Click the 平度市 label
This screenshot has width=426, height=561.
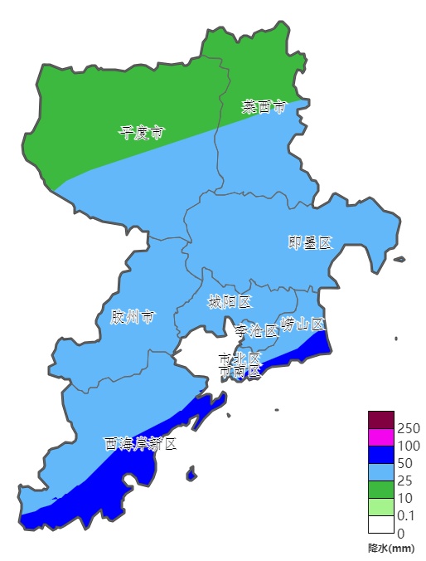(141, 132)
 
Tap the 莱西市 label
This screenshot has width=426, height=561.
(264, 106)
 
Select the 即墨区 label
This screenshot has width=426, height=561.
(310, 242)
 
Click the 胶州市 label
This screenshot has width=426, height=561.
(133, 317)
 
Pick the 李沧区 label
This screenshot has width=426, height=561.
(256, 330)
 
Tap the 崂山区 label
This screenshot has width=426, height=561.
(303, 324)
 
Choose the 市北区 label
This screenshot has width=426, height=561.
(240, 359)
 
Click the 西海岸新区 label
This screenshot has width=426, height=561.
(141, 444)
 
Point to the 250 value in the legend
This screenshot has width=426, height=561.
(409, 428)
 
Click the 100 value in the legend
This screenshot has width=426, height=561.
(409, 446)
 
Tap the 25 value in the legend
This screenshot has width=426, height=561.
(405, 481)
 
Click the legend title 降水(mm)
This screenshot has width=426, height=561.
(391, 548)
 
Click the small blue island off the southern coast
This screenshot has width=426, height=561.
(191, 475)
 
